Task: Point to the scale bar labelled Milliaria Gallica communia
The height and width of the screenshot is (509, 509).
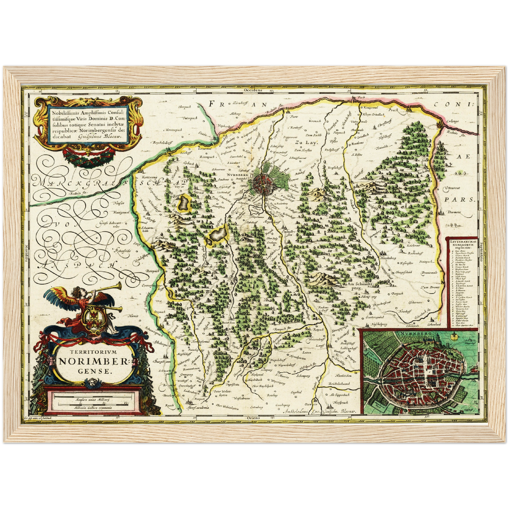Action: (92, 407)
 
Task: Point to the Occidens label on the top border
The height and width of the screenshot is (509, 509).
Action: (253, 90)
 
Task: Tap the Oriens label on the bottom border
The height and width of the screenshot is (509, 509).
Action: (253, 418)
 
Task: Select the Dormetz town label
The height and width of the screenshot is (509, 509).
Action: (454, 212)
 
